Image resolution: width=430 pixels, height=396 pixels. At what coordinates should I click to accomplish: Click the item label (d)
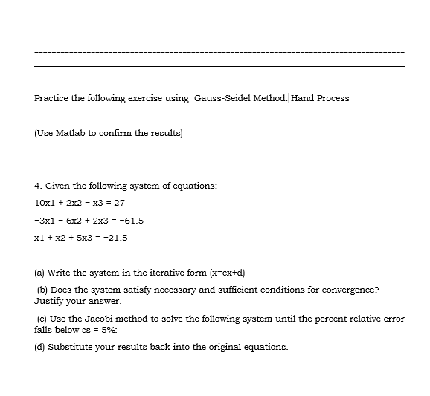tap(40, 347)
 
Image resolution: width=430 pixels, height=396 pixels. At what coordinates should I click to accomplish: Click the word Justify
tap(49, 302)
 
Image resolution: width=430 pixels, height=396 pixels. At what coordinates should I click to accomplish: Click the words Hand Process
tap(320, 98)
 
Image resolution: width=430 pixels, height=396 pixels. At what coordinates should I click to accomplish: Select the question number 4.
tap(37, 184)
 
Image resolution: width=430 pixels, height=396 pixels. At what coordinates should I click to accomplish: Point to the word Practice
tap(52, 98)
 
